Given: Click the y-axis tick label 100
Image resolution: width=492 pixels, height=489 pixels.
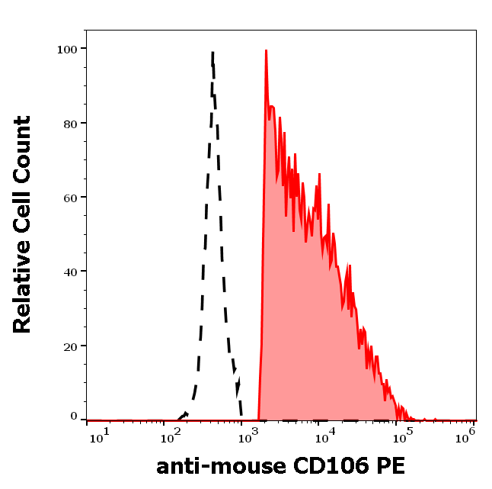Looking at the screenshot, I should pos(67,49).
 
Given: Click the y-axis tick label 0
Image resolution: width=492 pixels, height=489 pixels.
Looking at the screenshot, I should pos(74,417).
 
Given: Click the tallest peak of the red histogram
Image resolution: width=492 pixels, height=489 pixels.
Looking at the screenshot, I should pos(266,51).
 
